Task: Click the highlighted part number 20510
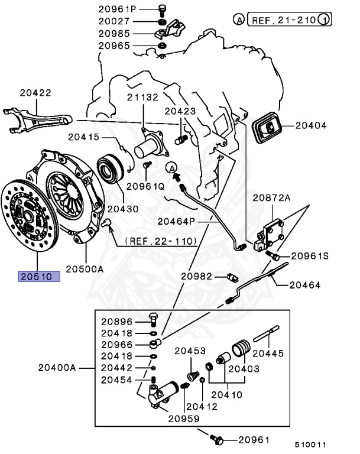tap(39, 276)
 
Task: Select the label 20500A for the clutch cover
tap(85, 268)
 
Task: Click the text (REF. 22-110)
tap(161, 242)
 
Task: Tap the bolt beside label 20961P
tap(162, 9)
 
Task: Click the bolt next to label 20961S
tap(274, 255)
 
